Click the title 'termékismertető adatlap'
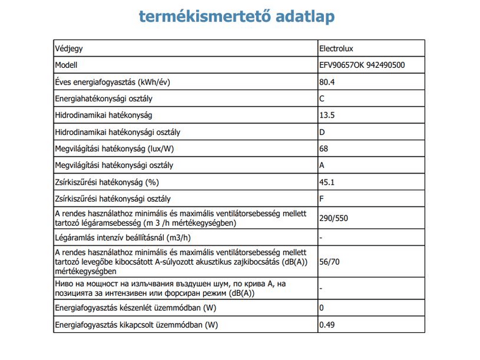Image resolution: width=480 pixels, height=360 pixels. pyautogui.click(x=236, y=16)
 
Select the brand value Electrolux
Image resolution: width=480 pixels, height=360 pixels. pyautogui.click(x=340, y=48)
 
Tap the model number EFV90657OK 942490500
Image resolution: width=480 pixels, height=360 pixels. pyautogui.click(x=362, y=65)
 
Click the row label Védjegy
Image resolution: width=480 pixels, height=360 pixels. pyautogui.click(x=68, y=48)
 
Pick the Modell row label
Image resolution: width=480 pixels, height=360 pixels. pyautogui.click(x=66, y=65)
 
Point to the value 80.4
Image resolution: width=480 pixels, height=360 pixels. pyautogui.click(x=327, y=82)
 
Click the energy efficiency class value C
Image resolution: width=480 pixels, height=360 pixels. pyautogui.click(x=323, y=98)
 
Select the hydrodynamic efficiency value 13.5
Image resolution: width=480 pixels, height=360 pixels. pyautogui.click(x=327, y=115)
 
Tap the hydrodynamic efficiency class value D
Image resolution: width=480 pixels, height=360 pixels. pyautogui.click(x=323, y=132)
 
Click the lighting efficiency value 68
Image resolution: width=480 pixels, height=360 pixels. pyautogui.click(x=325, y=148)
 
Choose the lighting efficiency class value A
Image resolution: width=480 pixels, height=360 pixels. pyautogui.click(x=323, y=165)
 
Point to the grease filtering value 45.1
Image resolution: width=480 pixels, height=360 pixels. pyautogui.click(x=327, y=182)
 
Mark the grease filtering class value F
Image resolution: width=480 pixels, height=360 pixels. pyautogui.click(x=322, y=199)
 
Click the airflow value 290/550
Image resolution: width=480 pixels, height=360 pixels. pyautogui.click(x=334, y=218)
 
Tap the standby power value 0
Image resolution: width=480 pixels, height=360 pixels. pyautogui.click(x=322, y=308)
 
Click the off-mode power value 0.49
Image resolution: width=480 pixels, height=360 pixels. pyautogui.click(x=327, y=325)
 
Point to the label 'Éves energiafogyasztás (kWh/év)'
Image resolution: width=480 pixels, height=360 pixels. pyautogui.click(x=116, y=82)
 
